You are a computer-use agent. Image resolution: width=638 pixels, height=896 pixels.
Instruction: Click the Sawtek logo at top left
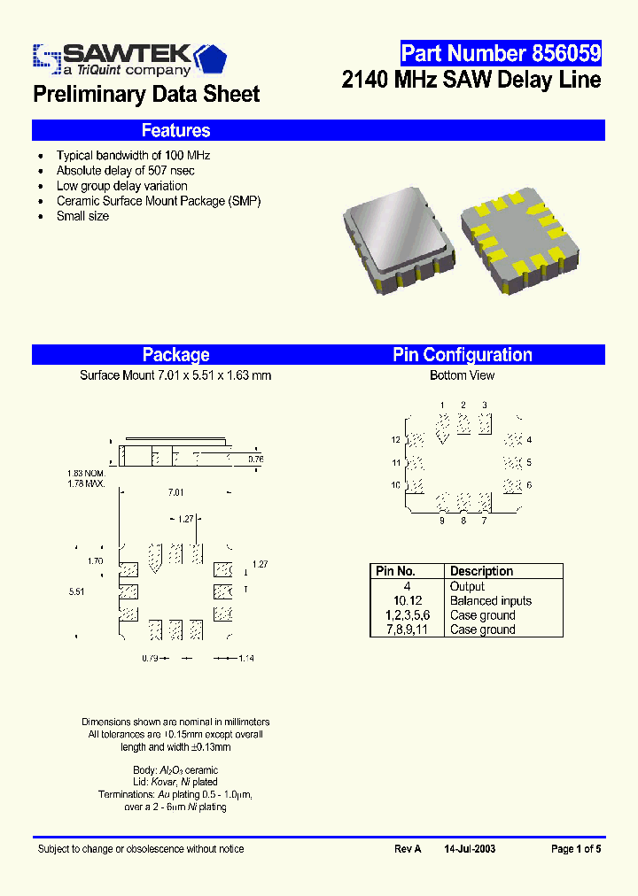pos(129,58)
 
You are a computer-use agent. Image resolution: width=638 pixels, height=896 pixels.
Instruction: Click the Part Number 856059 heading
pos(501,53)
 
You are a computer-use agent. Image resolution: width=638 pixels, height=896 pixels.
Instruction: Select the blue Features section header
pos(175,130)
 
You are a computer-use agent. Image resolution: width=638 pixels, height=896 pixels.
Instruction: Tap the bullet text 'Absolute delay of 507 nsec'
pos(125,170)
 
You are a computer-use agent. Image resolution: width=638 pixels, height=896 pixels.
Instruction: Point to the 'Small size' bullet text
pos(82,216)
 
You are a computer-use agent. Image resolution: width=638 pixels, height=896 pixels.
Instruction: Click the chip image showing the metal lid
pos(388,233)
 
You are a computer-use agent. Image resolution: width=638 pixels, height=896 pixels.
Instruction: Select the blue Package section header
pos(175,354)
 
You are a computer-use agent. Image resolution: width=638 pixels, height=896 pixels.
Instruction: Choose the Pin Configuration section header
pos(462,354)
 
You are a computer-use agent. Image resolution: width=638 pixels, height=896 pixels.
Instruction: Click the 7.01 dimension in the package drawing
pos(175,492)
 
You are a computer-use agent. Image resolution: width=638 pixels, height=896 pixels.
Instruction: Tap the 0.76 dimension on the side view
pos(255,459)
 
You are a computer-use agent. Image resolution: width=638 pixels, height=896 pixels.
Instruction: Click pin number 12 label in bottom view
pos(396,440)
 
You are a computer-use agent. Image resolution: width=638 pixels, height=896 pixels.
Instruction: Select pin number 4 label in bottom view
pos(529,440)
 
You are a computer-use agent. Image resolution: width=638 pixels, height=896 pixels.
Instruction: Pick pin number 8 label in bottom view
pos(463,521)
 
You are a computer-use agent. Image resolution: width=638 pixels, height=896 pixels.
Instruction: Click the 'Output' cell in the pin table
pos(467,586)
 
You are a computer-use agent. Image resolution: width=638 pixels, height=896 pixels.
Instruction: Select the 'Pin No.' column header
pos(395,571)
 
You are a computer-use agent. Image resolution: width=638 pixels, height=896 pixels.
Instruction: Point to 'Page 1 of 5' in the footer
pos(576,848)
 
